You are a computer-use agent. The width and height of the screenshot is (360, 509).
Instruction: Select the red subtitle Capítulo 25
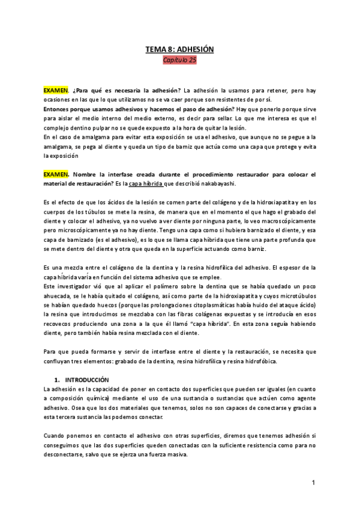click(x=179, y=60)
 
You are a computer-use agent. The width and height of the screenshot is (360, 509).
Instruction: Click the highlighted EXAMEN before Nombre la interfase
click(x=56, y=174)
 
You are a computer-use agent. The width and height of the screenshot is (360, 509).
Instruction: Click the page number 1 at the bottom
click(x=313, y=483)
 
